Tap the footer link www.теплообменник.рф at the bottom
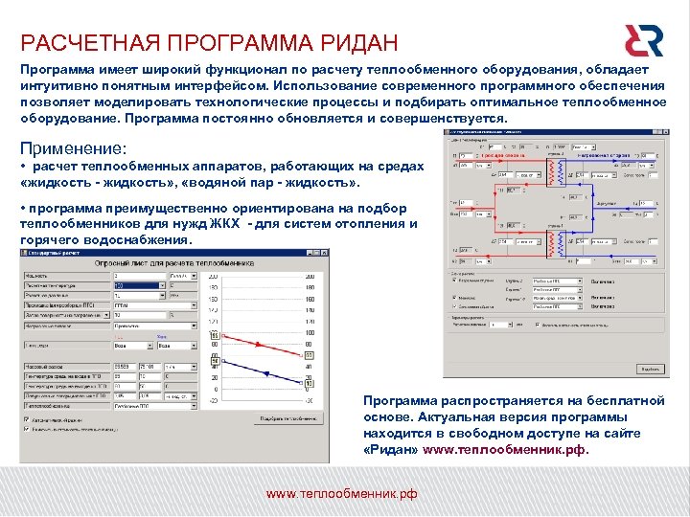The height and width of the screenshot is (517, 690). click(x=341, y=493)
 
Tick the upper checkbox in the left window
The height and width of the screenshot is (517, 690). click(x=27, y=418)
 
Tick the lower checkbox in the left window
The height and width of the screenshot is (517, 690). click(x=27, y=429)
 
